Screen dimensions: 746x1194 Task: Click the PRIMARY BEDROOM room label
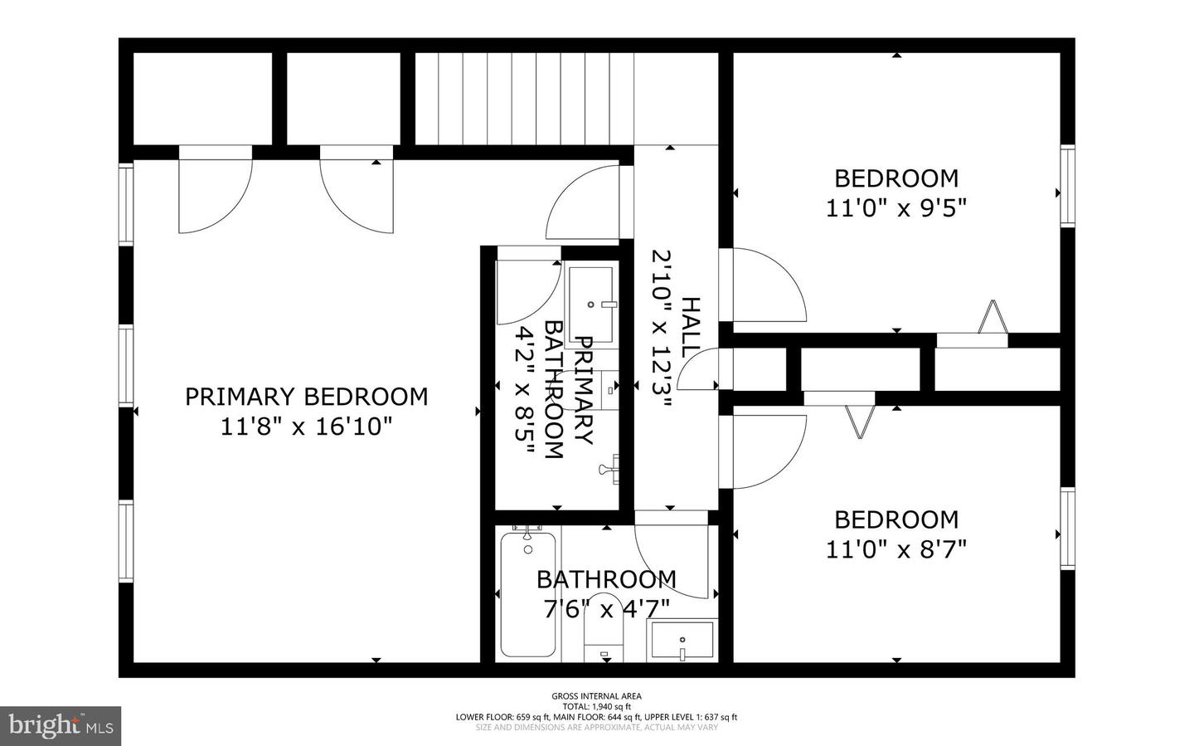coord(306,397)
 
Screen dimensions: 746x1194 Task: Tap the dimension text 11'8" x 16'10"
coord(306,427)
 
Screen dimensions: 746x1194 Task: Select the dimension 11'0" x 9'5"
coord(896,207)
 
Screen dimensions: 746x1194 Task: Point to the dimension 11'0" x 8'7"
coord(896,549)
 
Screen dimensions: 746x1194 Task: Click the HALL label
coord(690,328)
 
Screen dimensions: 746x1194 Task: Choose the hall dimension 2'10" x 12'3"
coord(661,329)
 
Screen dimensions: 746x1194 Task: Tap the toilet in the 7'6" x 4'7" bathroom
coord(603,628)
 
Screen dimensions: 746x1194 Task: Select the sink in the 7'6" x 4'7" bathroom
coord(682,641)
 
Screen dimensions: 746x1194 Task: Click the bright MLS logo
coord(61,726)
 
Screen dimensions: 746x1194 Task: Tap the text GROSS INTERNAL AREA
coord(596,696)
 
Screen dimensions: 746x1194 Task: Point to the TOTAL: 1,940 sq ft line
coord(596,707)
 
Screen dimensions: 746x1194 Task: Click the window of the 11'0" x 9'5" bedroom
coord(1068,186)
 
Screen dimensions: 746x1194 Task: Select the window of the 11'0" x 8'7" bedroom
coord(1068,528)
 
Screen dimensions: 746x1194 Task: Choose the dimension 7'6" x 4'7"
coord(606,610)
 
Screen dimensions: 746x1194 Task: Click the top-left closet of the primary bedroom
coord(203,98)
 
